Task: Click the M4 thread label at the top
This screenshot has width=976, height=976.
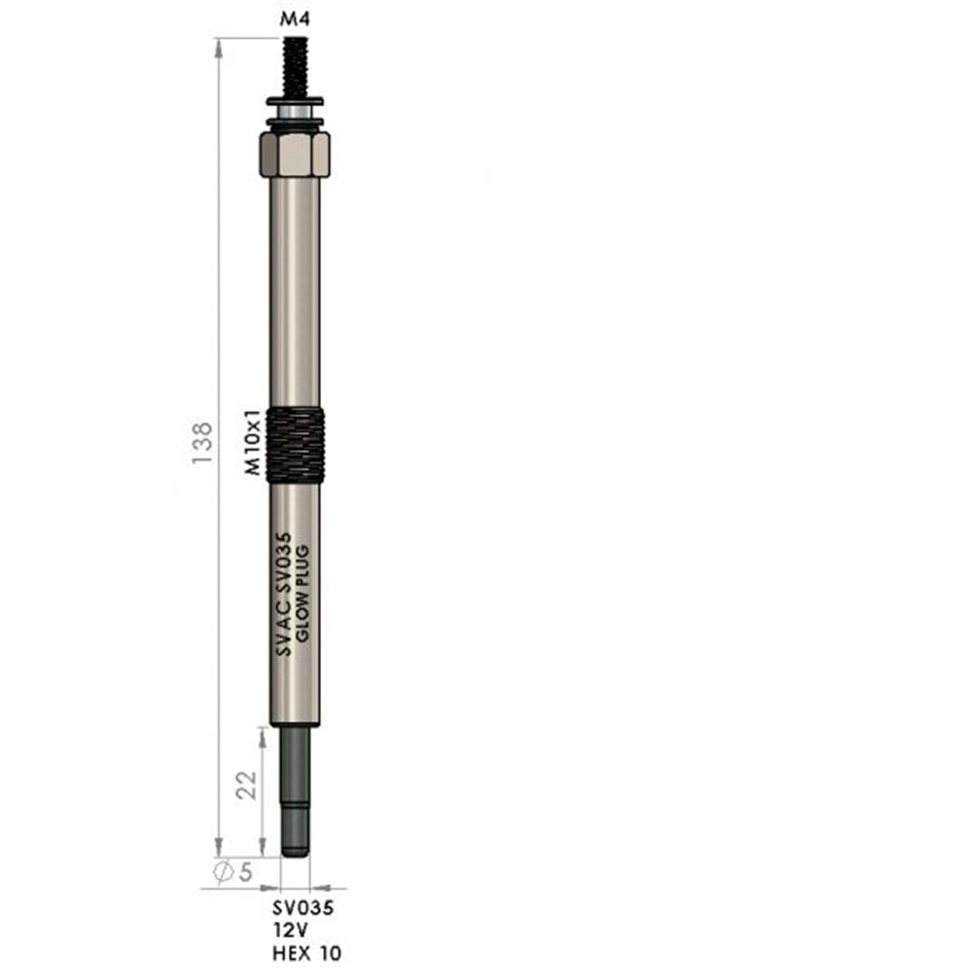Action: click(x=295, y=20)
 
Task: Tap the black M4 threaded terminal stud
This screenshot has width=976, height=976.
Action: click(x=295, y=66)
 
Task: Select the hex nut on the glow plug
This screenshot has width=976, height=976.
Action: click(x=295, y=153)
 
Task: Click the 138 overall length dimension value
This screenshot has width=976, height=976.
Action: click(x=202, y=442)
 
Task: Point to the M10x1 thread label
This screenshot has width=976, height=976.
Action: click(x=252, y=442)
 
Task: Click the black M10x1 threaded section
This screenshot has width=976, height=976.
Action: click(x=295, y=444)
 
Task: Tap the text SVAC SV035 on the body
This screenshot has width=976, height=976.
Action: click(x=283, y=593)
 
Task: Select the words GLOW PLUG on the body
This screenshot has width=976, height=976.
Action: click(x=303, y=593)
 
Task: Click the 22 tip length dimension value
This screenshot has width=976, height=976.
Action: click(x=247, y=785)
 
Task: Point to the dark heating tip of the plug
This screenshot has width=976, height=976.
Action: click(x=295, y=792)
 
